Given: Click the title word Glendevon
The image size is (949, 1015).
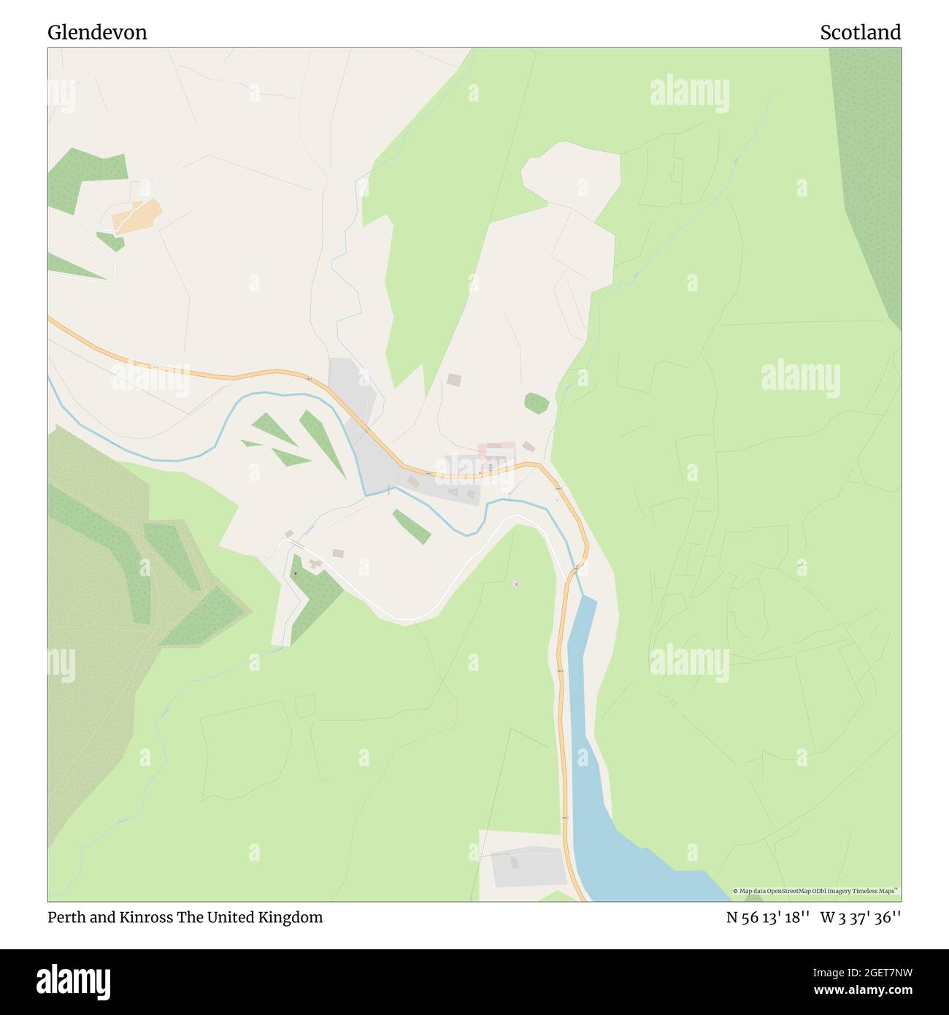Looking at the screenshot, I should tap(97, 32).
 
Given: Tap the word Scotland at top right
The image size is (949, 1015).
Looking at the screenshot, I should tap(860, 32).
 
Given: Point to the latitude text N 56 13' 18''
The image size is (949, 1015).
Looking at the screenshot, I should tap(768, 918).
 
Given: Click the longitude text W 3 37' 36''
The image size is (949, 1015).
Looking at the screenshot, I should tap(861, 918).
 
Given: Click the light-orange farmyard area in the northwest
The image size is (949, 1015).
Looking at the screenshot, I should tap(137, 216).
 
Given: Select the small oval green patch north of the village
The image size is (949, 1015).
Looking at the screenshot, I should tap(537, 403).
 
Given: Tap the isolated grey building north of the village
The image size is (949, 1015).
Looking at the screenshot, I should tap(454, 380).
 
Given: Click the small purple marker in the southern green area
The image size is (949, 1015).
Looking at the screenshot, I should tap(516, 583).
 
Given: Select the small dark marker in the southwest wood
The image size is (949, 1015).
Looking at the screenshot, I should tap(296, 573).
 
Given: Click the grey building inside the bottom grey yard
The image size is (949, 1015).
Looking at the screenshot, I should tap(513, 863).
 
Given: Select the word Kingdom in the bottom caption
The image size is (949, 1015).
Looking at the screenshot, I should tap(290, 917).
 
